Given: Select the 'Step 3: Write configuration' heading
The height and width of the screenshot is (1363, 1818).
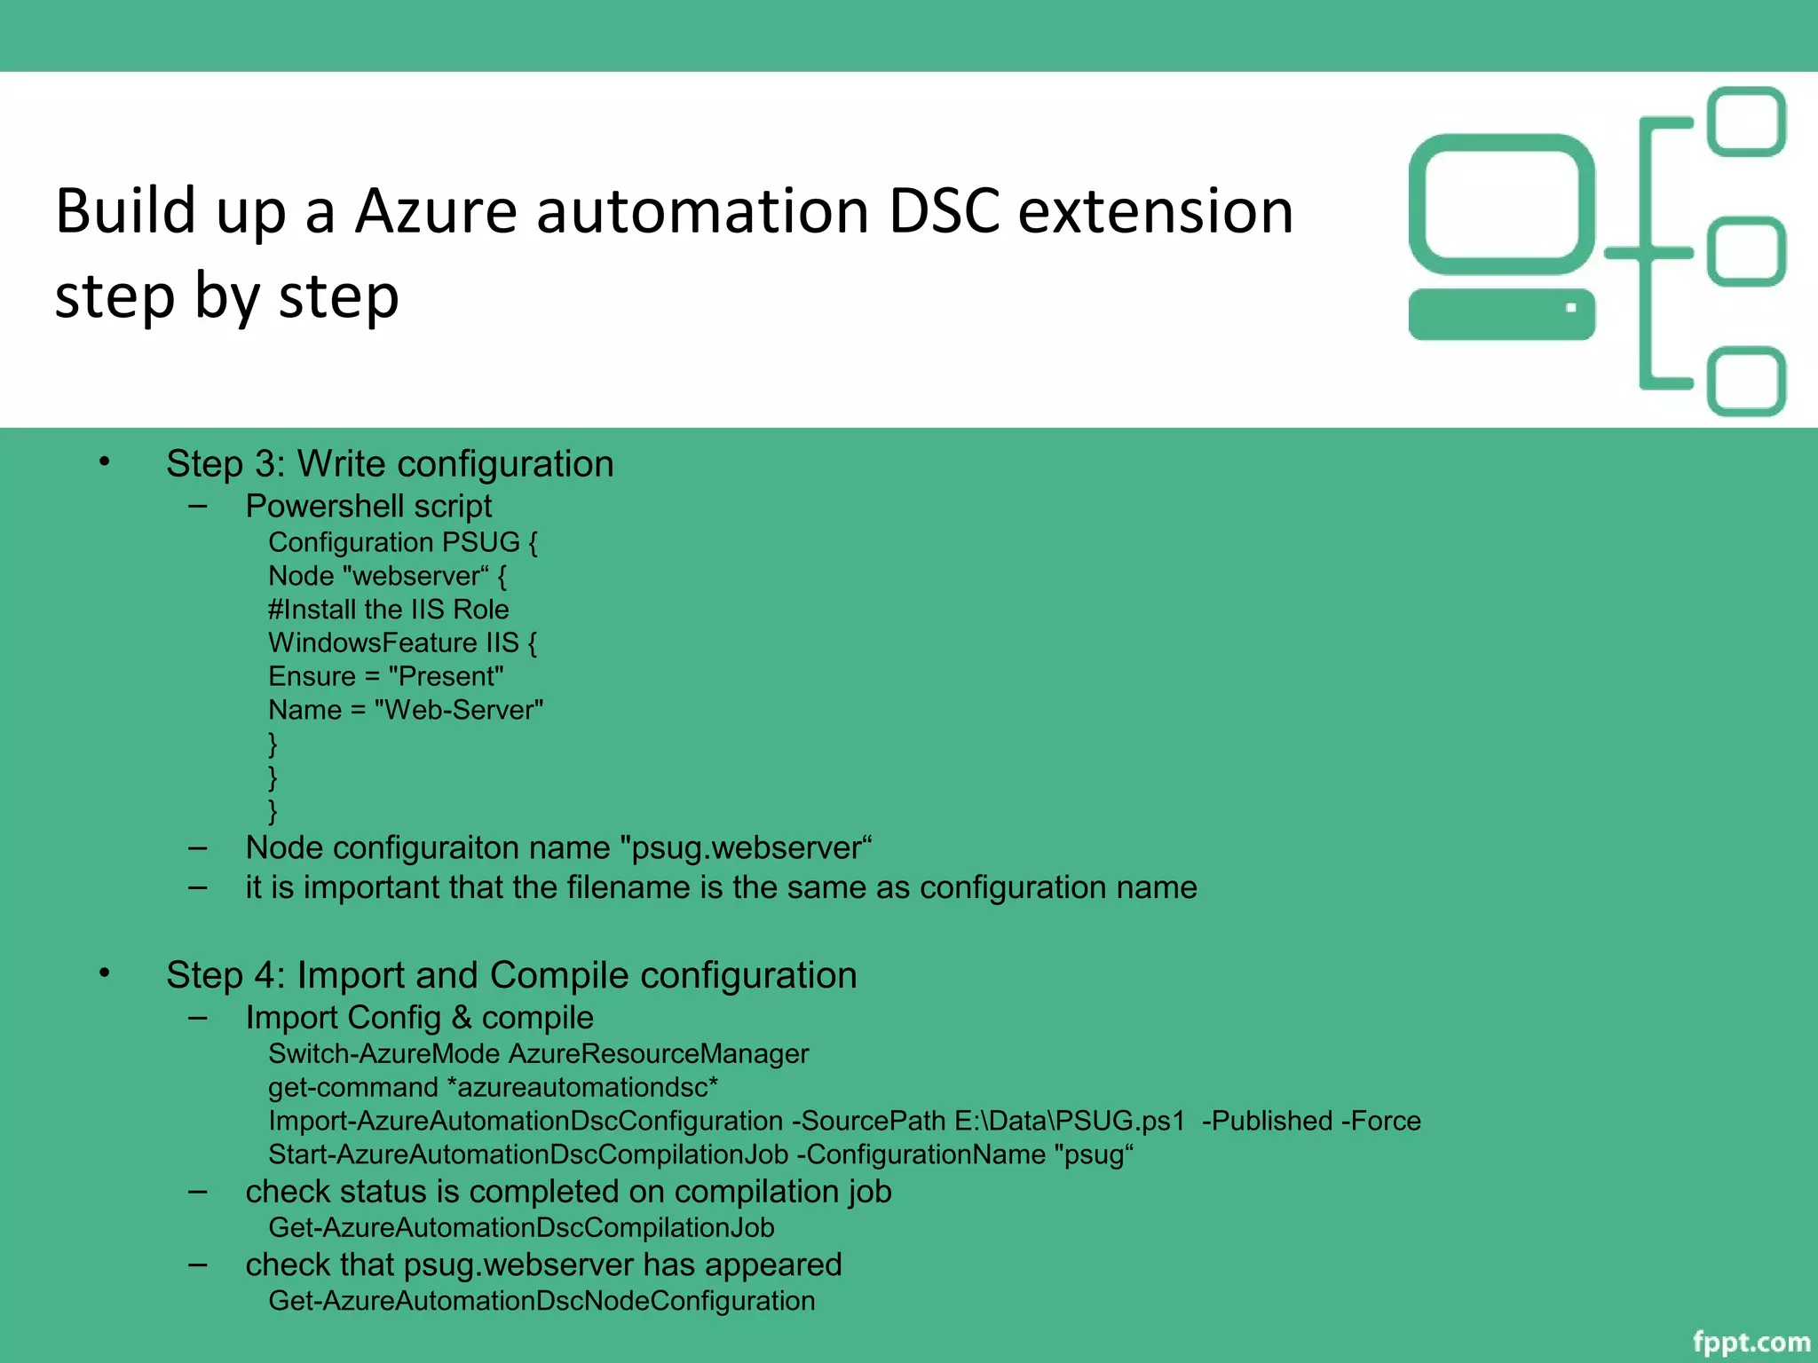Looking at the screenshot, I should [x=390, y=464].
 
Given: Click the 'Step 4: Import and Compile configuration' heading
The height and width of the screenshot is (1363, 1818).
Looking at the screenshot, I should [x=511, y=975].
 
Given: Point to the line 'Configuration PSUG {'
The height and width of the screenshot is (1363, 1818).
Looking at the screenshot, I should [x=403, y=542].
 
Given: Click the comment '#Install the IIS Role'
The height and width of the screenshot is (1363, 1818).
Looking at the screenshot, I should [x=389, y=610].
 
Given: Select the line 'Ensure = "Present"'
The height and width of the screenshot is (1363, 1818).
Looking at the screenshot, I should [x=386, y=676].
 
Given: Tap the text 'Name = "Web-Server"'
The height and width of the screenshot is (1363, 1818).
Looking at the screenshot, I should [x=406, y=710].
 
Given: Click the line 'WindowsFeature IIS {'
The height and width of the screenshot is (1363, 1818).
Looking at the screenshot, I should [x=403, y=642].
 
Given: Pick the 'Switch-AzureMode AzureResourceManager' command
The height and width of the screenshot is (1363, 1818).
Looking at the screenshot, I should [x=539, y=1054].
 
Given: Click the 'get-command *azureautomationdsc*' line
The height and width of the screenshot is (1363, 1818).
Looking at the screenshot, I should [x=494, y=1087].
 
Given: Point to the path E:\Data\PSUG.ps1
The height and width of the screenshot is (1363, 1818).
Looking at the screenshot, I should [x=1070, y=1121].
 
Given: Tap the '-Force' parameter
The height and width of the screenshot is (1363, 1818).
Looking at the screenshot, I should [x=1381, y=1121].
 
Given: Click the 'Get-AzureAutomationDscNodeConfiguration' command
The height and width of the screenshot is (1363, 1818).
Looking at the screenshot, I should [x=541, y=1301].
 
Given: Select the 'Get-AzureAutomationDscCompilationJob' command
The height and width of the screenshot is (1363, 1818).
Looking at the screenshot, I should [x=522, y=1228].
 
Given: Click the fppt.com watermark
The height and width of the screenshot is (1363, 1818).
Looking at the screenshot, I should [x=1751, y=1341].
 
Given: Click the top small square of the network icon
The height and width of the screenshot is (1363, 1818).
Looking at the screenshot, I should [x=1746, y=122].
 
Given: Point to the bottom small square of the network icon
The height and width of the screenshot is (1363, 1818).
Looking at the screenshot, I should [x=1746, y=381].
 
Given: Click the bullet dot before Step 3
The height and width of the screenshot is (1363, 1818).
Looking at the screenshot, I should [x=105, y=461].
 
